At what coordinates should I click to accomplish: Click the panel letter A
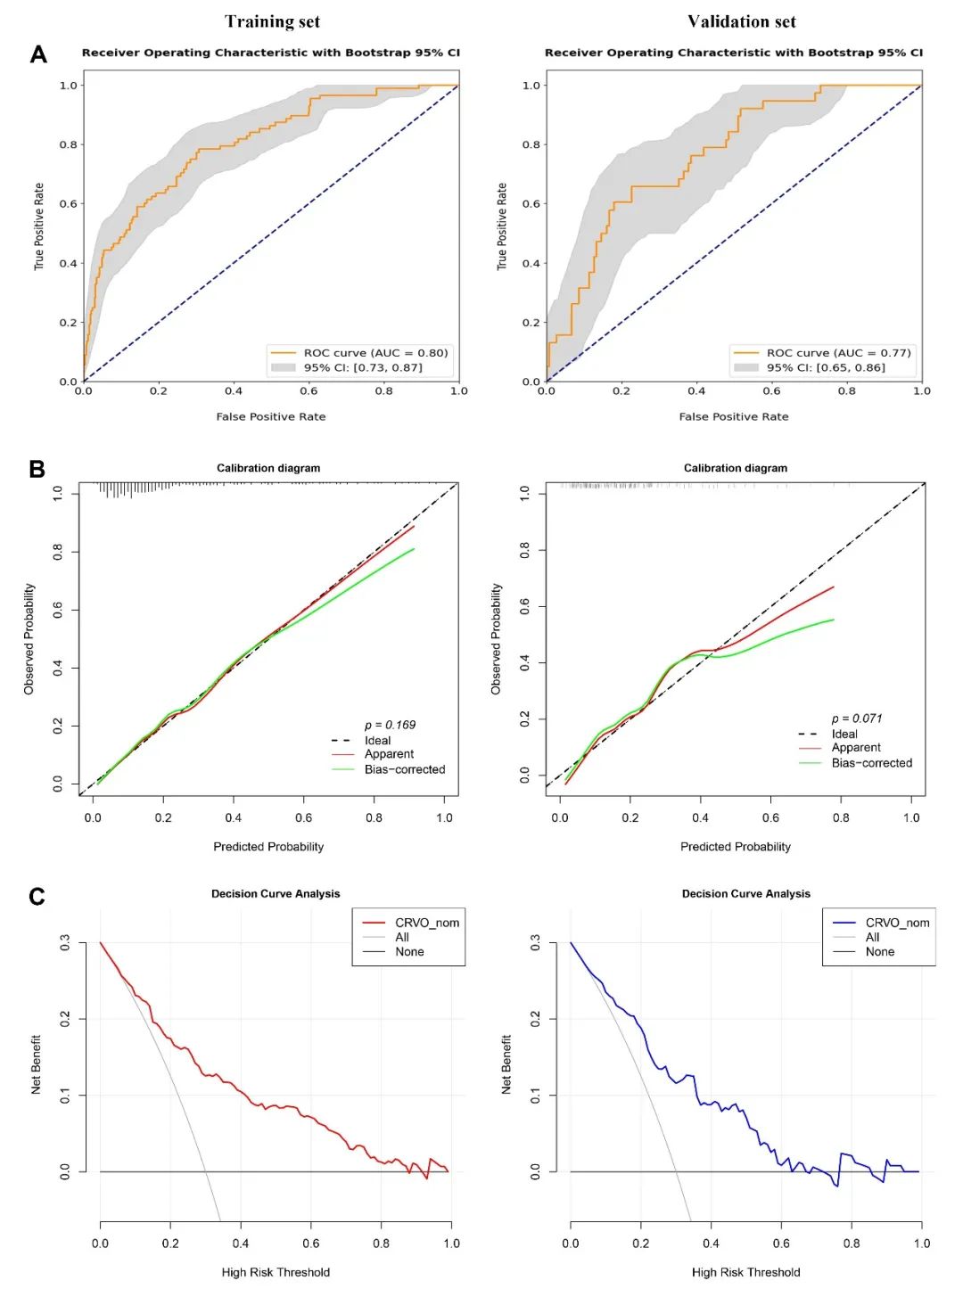pyautogui.click(x=38, y=55)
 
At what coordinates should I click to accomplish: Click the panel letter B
pyautogui.click(x=37, y=469)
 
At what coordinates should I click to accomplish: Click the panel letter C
pyautogui.click(x=37, y=896)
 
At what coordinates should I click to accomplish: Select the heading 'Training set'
pyautogui.click(x=272, y=21)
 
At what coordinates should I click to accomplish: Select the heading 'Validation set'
pyautogui.click(x=742, y=21)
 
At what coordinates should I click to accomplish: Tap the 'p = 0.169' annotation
pyautogui.click(x=390, y=725)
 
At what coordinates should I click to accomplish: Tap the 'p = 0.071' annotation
pyautogui.click(x=857, y=718)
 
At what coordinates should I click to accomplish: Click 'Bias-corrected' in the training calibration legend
pyautogui.click(x=404, y=769)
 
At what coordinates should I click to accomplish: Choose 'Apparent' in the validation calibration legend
pyautogui.click(x=856, y=748)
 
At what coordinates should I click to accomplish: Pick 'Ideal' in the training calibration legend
pyautogui.click(x=377, y=741)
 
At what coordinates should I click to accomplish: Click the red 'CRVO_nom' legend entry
pyautogui.click(x=426, y=923)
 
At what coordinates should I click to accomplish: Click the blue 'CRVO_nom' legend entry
pyautogui.click(x=897, y=923)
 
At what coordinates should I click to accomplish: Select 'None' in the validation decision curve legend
pyautogui.click(x=879, y=952)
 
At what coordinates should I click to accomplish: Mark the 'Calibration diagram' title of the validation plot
pyautogui.click(x=736, y=468)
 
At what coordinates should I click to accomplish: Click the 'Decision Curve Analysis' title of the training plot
pyautogui.click(x=276, y=894)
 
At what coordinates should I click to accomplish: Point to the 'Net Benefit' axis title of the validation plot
pyautogui.click(x=506, y=1064)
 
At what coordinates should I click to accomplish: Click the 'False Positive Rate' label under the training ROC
pyautogui.click(x=271, y=416)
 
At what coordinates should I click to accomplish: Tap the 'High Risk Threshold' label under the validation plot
pyautogui.click(x=745, y=1272)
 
